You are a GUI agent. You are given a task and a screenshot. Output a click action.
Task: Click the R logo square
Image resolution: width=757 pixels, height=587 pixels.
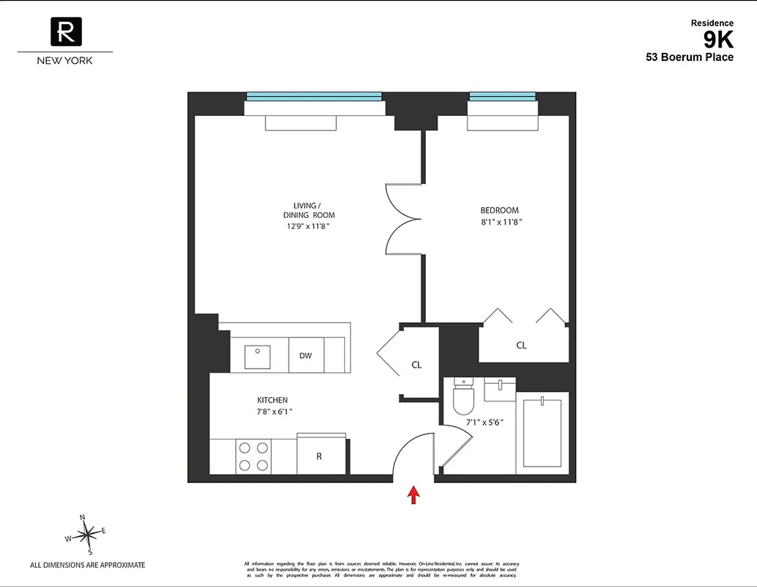point(65,32)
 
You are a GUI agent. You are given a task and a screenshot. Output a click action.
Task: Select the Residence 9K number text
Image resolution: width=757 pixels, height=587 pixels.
point(718,40)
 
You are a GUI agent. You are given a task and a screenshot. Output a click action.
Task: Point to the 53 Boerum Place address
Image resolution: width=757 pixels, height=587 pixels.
point(689,57)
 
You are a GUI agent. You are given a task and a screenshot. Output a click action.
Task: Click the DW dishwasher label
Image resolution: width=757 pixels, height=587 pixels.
point(306,356)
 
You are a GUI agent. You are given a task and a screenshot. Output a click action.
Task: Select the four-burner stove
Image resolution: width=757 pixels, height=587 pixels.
point(253,456)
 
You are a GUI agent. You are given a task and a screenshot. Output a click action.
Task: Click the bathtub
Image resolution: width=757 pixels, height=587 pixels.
point(542,434)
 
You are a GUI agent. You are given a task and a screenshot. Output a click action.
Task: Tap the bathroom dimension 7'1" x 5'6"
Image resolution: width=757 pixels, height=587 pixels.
point(484,423)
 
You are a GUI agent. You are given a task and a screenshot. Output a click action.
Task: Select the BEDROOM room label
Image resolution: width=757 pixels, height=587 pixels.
point(499,211)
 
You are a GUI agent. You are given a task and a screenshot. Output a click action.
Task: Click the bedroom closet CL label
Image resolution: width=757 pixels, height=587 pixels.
point(521,345)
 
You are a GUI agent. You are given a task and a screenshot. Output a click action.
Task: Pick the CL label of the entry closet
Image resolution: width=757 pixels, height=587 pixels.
point(416,365)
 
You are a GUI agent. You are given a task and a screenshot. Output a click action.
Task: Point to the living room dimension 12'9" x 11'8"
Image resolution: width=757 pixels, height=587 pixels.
point(309,226)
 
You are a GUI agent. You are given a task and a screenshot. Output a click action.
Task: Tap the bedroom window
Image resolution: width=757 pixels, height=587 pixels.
point(502,96)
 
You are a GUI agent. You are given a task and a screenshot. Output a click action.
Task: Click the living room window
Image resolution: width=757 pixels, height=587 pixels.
point(314,96)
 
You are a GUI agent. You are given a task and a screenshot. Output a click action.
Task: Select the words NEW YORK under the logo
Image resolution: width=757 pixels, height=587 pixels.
point(65,61)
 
